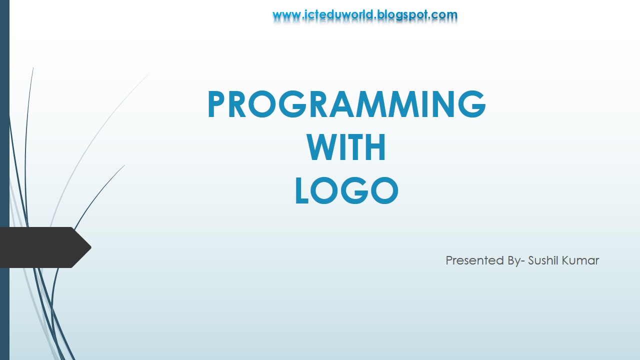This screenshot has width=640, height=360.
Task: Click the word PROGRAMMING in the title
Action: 346,104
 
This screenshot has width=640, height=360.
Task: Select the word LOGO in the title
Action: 346,191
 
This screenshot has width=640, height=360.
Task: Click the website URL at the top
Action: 365,15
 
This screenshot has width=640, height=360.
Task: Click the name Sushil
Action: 544,260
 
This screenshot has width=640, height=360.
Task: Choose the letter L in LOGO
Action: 303,191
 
